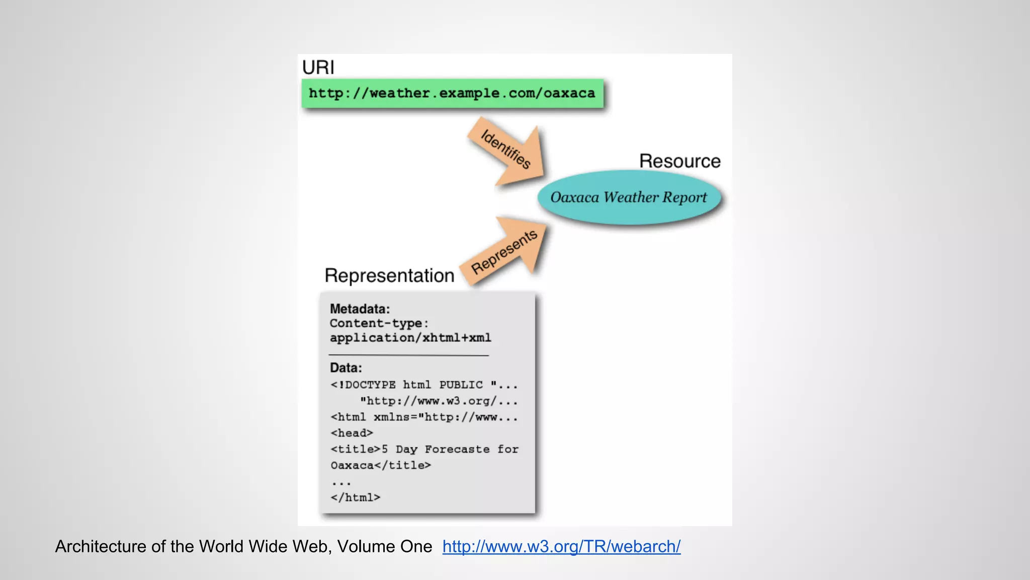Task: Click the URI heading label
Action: coord(318,67)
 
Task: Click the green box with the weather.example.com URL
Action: coord(452,93)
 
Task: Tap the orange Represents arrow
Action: coord(506,250)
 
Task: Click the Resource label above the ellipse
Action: coord(679,161)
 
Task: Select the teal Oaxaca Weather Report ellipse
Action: coord(628,197)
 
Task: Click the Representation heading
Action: coord(389,275)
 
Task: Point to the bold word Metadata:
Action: coord(360,309)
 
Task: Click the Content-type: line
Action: coord(379,323)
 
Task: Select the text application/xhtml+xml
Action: coord(410,338)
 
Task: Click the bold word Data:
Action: coord(346,368)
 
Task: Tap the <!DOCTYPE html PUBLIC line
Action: coord(423,385)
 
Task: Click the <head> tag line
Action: coord(352,433)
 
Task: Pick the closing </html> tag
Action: coord(355,497)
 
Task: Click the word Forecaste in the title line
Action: coord(457,449)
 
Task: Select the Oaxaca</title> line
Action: coord(380,465)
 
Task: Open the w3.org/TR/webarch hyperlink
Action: coord(561,547)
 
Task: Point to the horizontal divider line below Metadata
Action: coord(408,355)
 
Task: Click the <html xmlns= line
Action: coord(423,417)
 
